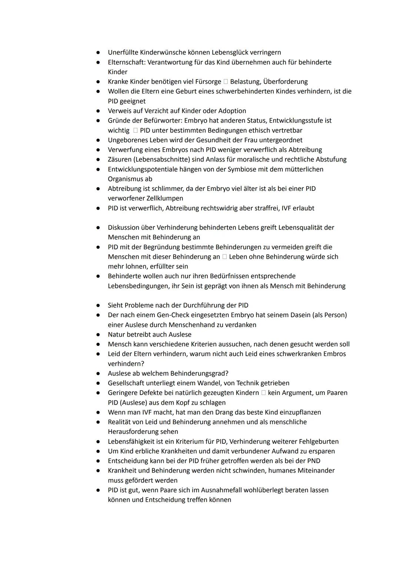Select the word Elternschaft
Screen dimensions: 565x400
[x=126, y=62]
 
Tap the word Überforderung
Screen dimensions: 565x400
[x=285, y=82]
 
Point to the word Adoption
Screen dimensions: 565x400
[x=232, y=111]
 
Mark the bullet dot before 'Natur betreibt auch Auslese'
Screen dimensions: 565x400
[x=98, y=335]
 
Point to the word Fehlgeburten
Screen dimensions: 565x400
[x=318, y=442]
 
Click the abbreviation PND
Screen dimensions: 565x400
[x=313, y=461]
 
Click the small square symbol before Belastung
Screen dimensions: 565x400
[x=226, y=82]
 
